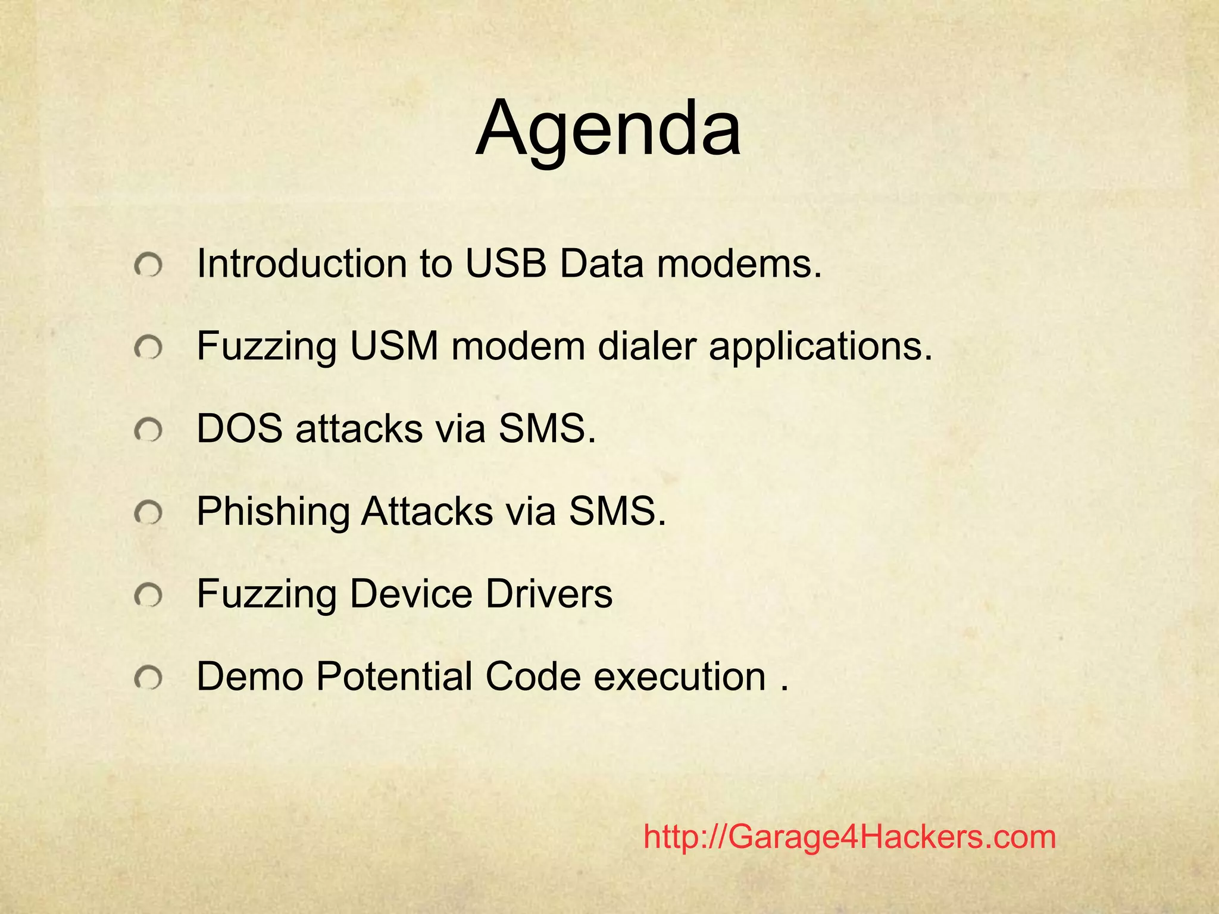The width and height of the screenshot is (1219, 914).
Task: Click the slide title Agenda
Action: coord(608,129)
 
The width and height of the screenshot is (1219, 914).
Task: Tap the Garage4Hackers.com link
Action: coord(849,837)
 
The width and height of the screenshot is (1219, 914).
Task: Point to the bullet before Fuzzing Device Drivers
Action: coord(148,594)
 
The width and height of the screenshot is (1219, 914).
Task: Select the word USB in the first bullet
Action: coord(506,264)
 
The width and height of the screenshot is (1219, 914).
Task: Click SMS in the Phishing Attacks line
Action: coord(617,511)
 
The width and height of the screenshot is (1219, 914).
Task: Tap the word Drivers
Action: coord(549,594)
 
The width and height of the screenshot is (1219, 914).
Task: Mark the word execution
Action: coord(680,677)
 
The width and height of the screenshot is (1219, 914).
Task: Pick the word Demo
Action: coord(249,677)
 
